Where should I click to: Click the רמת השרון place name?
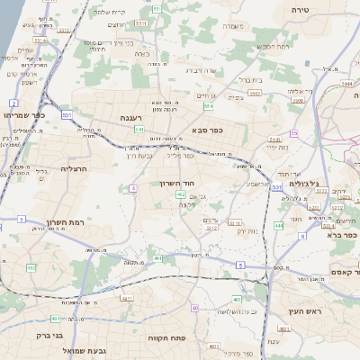[x=62, y=223]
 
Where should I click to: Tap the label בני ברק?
[x=50, y=335]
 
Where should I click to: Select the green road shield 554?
[x=209, y=106]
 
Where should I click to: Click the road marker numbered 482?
[x=31, y=267]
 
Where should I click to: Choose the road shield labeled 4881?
[x=127, y=298]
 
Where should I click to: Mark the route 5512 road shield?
[x=212, y=228]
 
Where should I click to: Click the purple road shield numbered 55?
[x=293, y=133]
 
